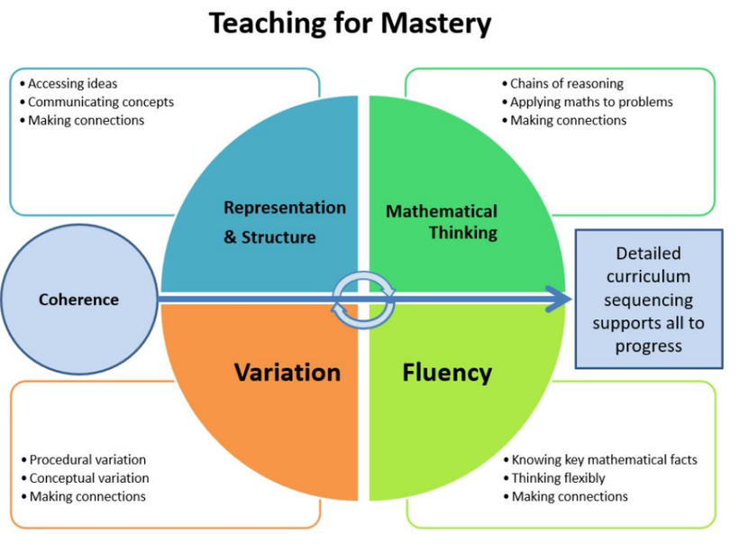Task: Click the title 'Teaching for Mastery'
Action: coord(350,24)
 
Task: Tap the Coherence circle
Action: coord(78,300)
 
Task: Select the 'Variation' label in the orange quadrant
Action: coord(287,373)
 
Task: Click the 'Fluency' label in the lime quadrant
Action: coord(447,373)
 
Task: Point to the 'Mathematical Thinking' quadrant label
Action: coord(442,222)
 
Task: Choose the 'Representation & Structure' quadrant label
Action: coord(284,222)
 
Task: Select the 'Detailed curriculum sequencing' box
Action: coord(649,299)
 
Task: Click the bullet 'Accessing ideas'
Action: coord(72,84)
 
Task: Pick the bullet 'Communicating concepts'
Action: coord(100,102)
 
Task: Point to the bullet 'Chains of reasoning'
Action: coord(566,84)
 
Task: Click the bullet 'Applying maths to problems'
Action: coord(591,102)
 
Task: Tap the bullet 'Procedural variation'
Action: coord(87,460)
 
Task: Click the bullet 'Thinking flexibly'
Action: coord(558,478)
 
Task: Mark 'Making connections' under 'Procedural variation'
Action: coord(87,496)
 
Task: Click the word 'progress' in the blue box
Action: coord(649,346)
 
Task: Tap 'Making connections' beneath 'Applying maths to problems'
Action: coord(568,120)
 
